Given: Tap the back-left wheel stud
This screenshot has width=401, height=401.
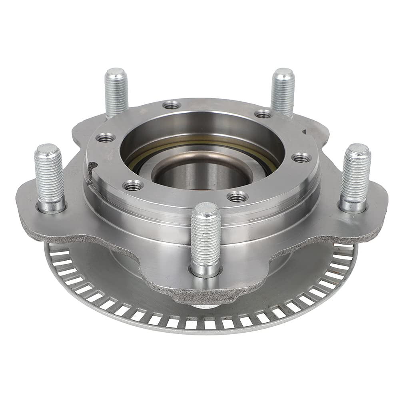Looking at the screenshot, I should [116, 92].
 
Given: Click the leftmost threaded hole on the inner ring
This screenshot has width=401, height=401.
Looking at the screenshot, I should [106, 138].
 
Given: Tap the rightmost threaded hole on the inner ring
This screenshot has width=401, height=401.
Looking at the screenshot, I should [301, 157].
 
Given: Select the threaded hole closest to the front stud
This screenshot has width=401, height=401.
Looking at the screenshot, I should [237, 196].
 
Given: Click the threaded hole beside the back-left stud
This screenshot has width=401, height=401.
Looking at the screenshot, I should [172, 105].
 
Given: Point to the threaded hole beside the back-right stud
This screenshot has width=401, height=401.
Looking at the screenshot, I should [263, 114].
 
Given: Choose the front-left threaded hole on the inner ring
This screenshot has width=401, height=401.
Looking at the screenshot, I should [133, 185].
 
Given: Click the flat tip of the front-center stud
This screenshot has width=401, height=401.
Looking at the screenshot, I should [205, 209].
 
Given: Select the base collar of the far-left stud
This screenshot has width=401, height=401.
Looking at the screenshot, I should [51, 207].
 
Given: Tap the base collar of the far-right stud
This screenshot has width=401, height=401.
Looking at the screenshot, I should [353, 206].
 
